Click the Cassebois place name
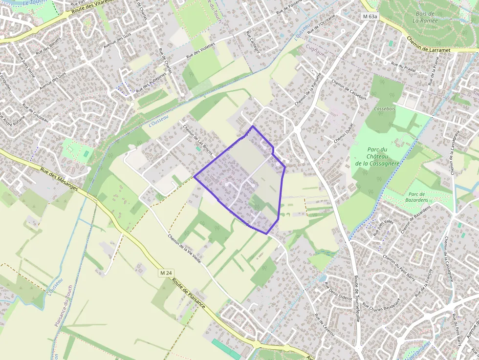384,108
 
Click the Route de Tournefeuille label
357,298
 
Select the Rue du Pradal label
403,64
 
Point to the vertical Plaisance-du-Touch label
64,306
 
